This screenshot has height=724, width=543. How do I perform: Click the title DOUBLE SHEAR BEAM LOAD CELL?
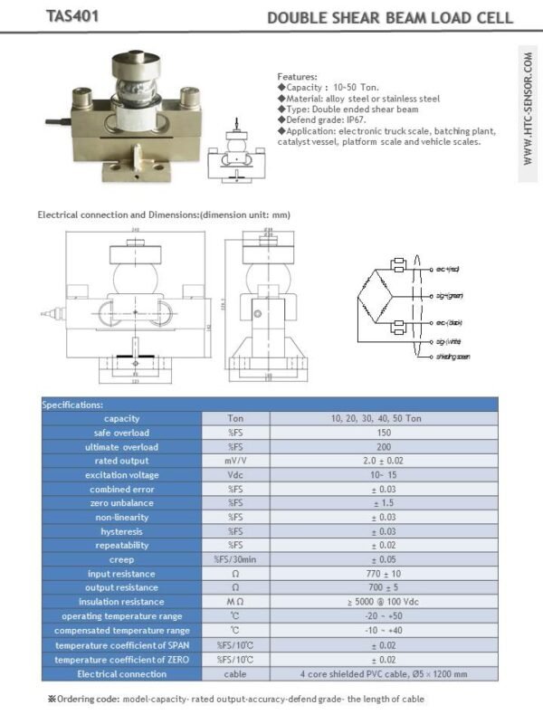(x=391, y=18)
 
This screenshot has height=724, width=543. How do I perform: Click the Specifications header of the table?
(x=73, y=405)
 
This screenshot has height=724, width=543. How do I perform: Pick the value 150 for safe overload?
(x=383, y=433)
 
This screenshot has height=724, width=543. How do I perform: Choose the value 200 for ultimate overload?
(x=383, y=447)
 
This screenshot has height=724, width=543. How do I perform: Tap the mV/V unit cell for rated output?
(x=235, y=461)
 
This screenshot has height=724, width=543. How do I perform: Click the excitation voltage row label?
(x=121, y=475)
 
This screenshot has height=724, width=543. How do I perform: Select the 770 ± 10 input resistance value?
(x=383, y=574)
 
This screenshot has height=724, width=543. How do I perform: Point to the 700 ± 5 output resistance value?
(x=383, y=587)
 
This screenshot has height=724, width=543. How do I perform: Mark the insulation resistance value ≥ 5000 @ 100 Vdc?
(x=383, y=602)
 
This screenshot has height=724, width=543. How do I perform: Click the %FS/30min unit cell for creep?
(x=235, y=559)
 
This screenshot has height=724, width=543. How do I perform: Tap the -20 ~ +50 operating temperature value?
(x=383, y=615)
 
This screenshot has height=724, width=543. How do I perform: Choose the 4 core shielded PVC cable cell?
(x=383, y=674)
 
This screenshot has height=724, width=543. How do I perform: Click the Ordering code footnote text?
(x=235, y=699)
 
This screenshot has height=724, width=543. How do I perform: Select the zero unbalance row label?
(x=121, y=503)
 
